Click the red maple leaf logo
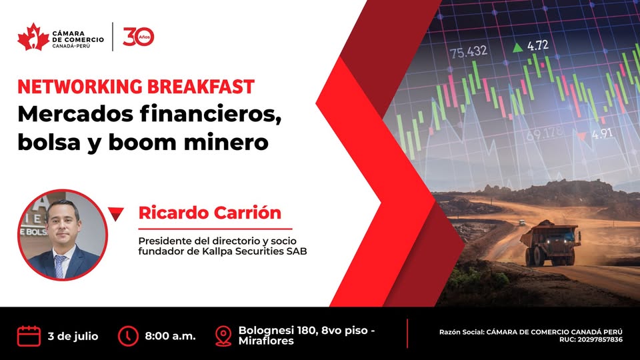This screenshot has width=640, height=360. (33, 37)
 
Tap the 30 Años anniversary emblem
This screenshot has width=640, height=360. (139, 37)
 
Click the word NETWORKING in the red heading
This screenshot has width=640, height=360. (80, 87)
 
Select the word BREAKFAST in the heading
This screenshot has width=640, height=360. (201, 87)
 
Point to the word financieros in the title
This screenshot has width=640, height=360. (211, 114)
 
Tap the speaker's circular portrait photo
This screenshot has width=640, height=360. (63, 235)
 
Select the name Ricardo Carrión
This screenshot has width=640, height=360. (210, 213)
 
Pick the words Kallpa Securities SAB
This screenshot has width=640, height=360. (254, 251)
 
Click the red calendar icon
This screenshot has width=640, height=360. (29, 336)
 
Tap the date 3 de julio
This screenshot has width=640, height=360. (73, 336)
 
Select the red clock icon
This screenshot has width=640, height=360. (128, 336)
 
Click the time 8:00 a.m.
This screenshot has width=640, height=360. (170, 336)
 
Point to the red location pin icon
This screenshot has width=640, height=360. (223, 336)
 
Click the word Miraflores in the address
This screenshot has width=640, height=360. (266, 341)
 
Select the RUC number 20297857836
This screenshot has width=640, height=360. (600, 339)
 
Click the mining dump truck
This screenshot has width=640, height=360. (550, 243)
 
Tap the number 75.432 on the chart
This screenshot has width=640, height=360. (469, 52)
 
